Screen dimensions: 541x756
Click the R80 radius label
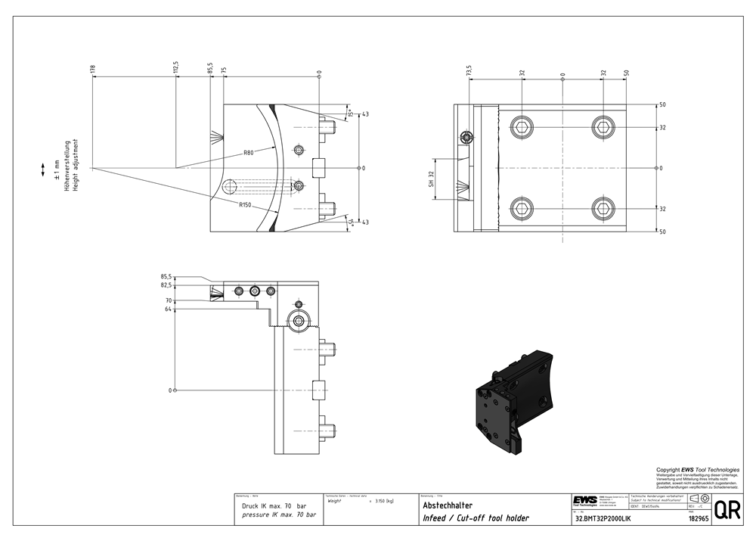[248, 153]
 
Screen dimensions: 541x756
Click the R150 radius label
[245, 205]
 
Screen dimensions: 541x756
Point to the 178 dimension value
[93, 69]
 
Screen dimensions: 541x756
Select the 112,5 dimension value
[175, 67]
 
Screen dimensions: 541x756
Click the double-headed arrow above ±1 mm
[43, 173]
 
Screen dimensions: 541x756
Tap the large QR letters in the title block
[727, 510]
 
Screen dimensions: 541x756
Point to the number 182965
[698, 519]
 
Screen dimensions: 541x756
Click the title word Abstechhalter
[448, 505]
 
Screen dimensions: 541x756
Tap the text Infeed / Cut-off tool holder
[476, 518]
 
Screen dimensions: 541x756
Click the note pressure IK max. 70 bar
[279, 515]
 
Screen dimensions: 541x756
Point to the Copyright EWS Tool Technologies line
[698, 470]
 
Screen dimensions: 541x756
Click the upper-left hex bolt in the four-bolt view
[522, 126]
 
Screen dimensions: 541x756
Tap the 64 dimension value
[169, 309]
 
